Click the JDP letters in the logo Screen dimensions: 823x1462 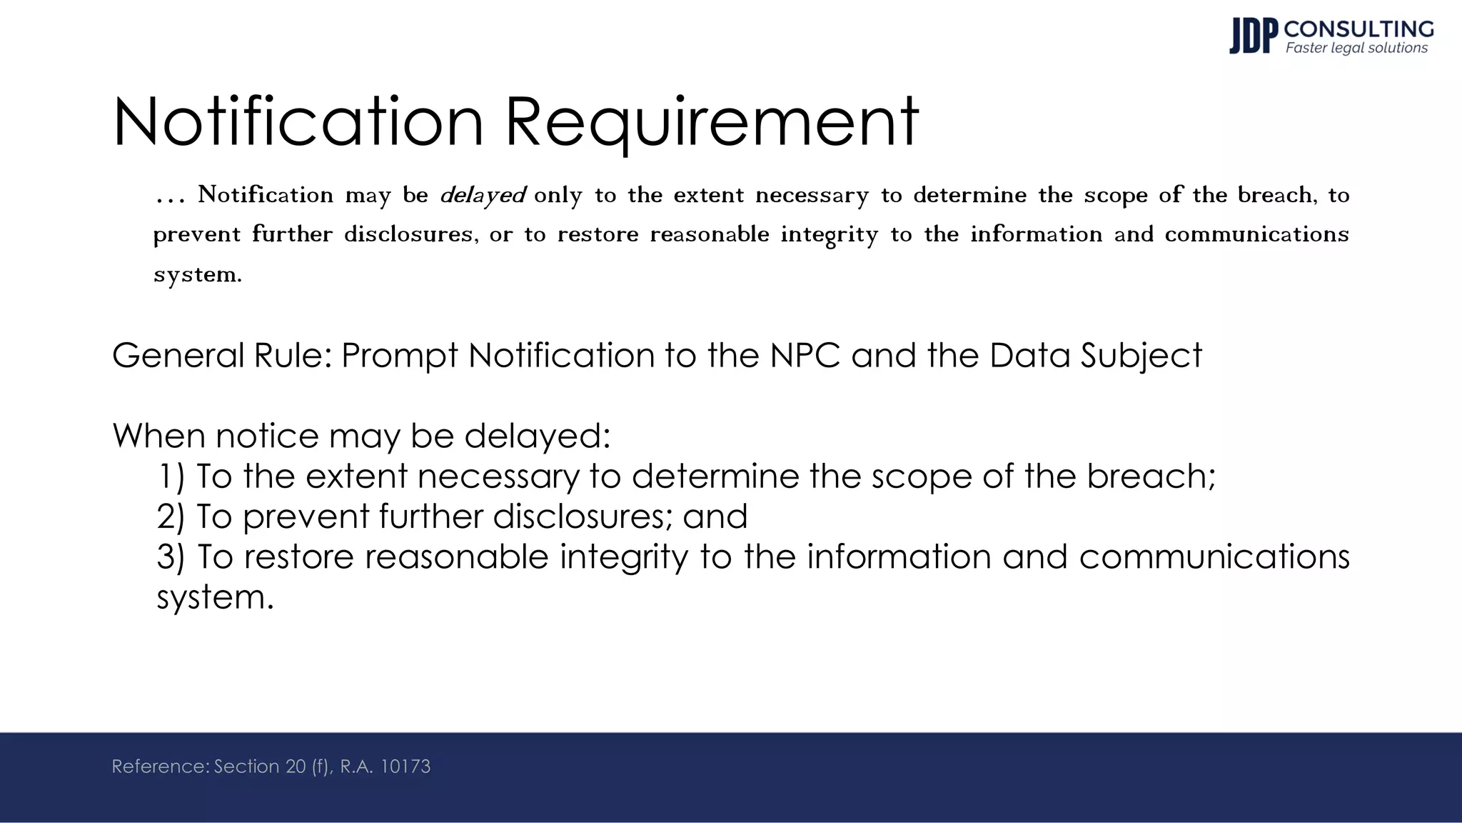pyautogui.click(x=1253, y=36)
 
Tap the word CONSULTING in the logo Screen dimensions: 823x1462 pyautogui.click(x=1358, y=29)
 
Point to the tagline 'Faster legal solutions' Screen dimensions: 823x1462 pyautogui.click(x=1356, y=48)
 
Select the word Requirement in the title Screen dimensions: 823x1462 pyautogui.click(x=712, y=123)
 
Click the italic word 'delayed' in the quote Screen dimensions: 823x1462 pyautogui.click(x=483, y=195)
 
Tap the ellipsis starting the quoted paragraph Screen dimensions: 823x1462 pyautogui.click(x=170, y=196)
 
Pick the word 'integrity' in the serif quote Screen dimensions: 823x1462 pyautogui.click(x=829, y=235)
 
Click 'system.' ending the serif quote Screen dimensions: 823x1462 pyautogui.click(x=198, y=274)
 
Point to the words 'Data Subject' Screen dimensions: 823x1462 pyautogui.click(x=1095, y=355)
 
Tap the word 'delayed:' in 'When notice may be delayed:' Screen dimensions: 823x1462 pyautogui.click(x=537, y=435)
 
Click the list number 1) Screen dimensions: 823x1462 pyautogui.click(x=171, y=476)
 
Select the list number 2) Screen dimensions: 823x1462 pyautogui.click(x=171, y=516)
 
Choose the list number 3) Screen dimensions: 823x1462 pyautogui.click(x=171, y=557)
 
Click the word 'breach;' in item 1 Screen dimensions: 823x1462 pyautogui.click(x=1151, y=476)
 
